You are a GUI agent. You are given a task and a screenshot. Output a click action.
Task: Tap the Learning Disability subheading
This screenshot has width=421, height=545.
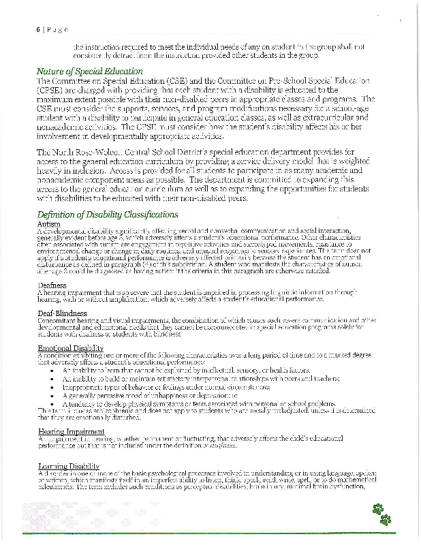click(x=69, y=466)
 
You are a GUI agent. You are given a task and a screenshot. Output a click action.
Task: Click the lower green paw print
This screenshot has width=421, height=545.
click(x=386, y=520)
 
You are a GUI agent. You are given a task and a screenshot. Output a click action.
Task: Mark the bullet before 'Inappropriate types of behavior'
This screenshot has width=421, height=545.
click(x=53, y=385)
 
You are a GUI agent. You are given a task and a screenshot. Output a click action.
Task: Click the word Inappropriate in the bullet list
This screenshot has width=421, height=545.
click(x=84, y=385)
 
